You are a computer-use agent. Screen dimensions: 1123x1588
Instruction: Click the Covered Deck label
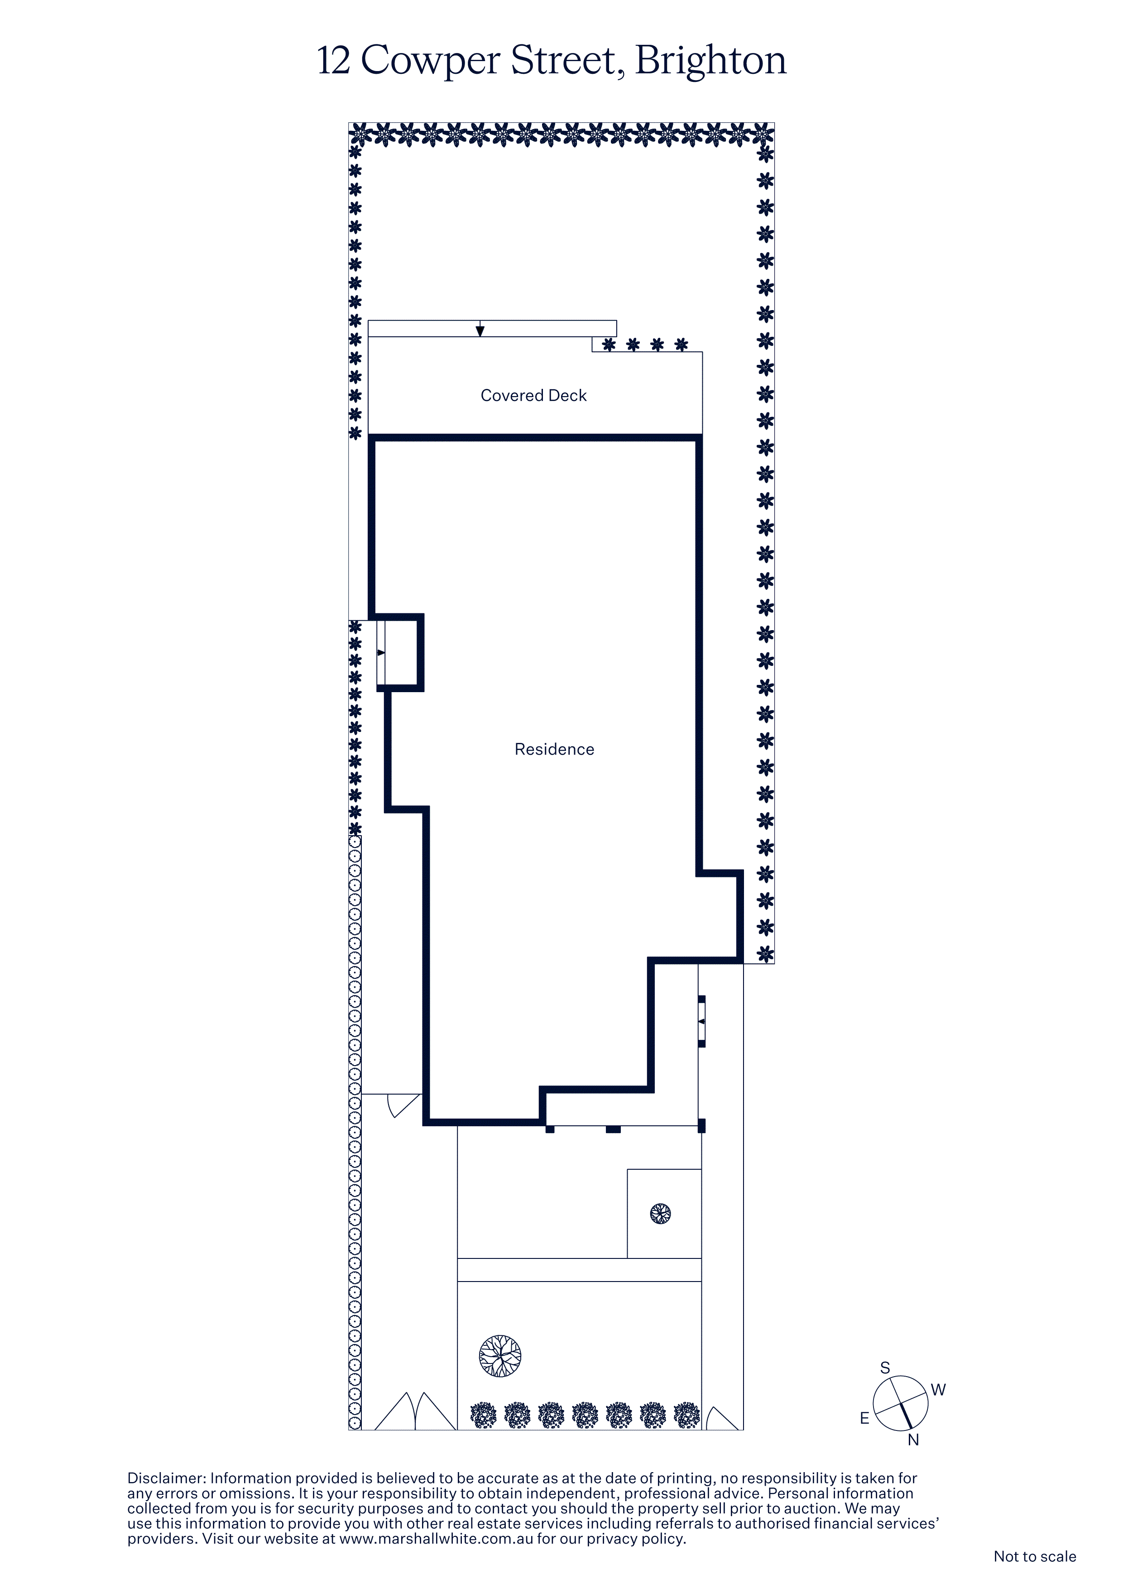[x=533, y=396]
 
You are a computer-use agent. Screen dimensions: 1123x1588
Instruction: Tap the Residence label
[x=554, y=750]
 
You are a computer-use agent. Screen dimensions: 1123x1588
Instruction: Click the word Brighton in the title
[x=710, y=61]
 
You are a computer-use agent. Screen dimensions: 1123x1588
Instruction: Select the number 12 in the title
[x=334, y=60]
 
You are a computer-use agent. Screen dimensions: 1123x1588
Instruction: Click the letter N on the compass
[x=913, y=1440]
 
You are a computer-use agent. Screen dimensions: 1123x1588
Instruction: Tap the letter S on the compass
[x=885, y=1368]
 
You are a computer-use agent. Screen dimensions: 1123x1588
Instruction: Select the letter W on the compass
[x=938, y=1390]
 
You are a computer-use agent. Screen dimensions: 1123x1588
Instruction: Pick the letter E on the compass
[x=864, y=1419]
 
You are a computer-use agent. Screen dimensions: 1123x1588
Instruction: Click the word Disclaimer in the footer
[x=167, y=1478]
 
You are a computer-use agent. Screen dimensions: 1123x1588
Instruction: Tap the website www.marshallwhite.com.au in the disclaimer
[x=436, y=1539]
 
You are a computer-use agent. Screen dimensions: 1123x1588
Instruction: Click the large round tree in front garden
[x=500, y=1356]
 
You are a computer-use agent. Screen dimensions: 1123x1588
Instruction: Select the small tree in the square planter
[x=661, y=1213]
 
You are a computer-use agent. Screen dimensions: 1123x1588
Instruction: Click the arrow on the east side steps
[x=380, y=652]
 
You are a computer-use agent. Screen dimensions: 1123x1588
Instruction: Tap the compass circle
[x=900, y=1403]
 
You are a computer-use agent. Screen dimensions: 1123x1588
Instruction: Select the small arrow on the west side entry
[x=701, y=1021]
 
